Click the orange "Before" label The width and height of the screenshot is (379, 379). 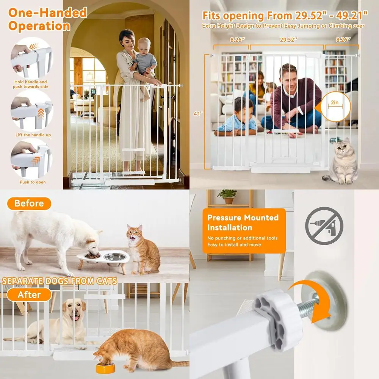29,204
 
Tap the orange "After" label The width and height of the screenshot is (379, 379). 29,294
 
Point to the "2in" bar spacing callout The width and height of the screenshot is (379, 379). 334,103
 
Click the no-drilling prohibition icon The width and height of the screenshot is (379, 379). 324,226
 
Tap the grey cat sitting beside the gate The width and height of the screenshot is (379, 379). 343,162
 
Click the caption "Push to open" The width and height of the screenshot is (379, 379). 33,182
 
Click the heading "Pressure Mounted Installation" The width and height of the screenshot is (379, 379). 243,222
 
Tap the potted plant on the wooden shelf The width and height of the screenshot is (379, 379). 228,196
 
